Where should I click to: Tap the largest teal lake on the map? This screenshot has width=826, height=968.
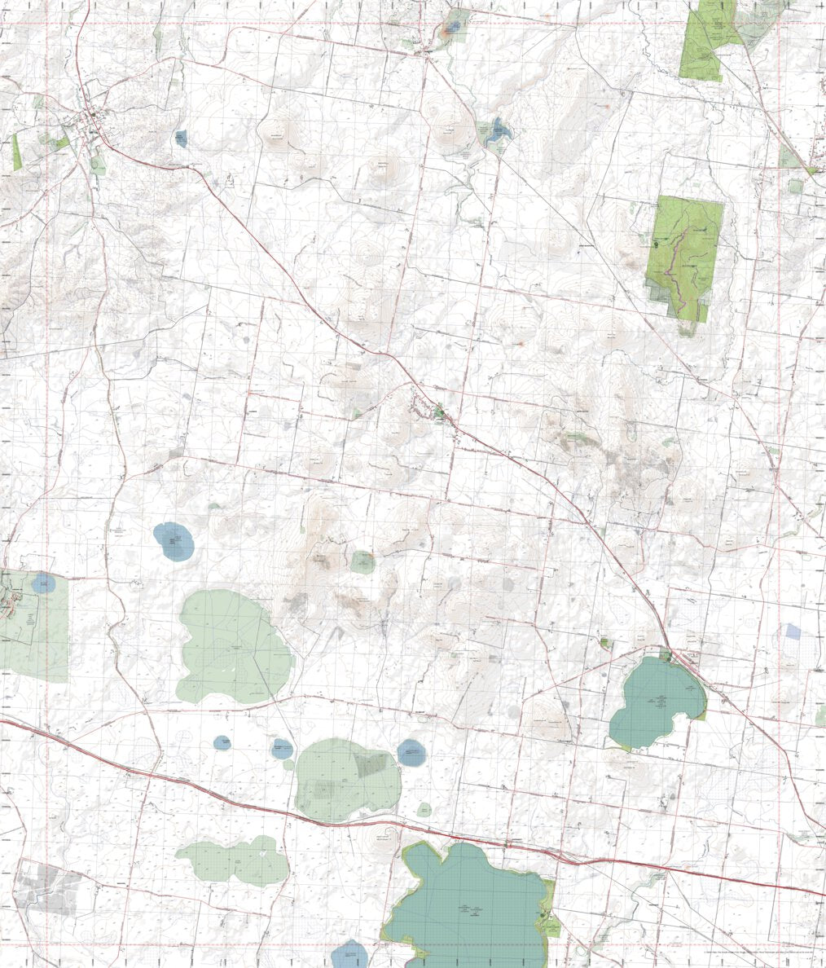point(468,904)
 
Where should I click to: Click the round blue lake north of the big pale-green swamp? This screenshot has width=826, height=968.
point(174,541)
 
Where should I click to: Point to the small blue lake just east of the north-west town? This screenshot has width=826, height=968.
point(181,139)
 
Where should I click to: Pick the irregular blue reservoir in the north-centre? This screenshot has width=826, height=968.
point(496,130)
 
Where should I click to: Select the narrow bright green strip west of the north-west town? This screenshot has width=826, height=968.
point(16,152)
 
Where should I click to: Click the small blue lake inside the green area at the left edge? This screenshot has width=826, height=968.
point(44,583)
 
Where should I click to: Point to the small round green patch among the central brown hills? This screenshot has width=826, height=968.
point(363,561)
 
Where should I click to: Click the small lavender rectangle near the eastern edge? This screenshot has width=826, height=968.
point(793,631)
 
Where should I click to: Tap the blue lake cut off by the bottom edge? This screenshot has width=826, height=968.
point(351,954)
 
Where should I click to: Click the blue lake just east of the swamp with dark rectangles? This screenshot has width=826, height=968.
point(411,753)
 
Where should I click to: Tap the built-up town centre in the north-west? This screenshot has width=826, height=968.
point(91,122)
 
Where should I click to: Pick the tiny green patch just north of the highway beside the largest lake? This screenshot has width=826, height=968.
point(424,809)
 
